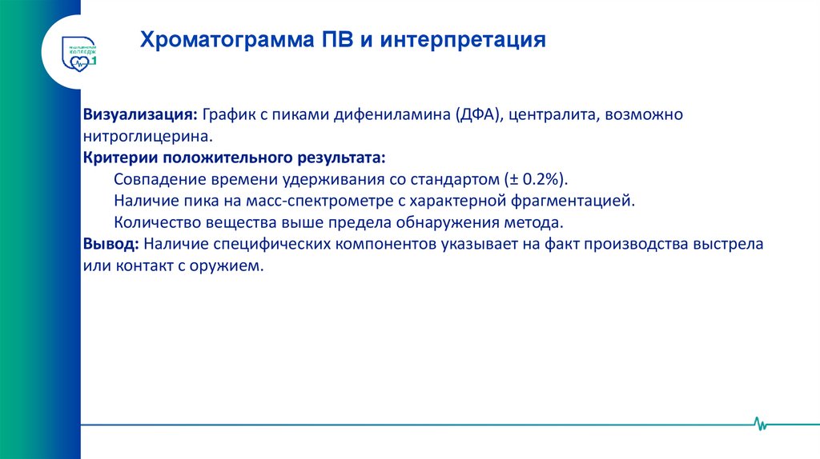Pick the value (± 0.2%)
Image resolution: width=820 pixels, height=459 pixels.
point(537,178)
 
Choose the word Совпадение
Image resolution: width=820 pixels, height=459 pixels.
point(155,178)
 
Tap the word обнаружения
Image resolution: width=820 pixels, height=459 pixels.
point(452,222)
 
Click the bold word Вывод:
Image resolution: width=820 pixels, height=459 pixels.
point(110,243)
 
